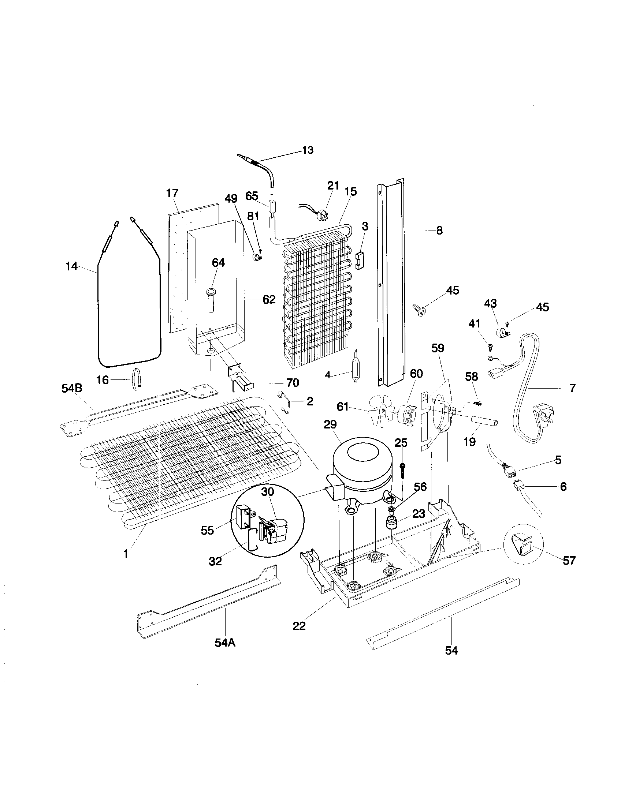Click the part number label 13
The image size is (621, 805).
click(308, 150)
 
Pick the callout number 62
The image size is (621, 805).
click(269, 299)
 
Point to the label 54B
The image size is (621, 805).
click(72, 388)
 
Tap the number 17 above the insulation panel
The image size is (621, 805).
click(172, 193)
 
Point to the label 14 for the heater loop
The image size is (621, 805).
click(71, 266)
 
